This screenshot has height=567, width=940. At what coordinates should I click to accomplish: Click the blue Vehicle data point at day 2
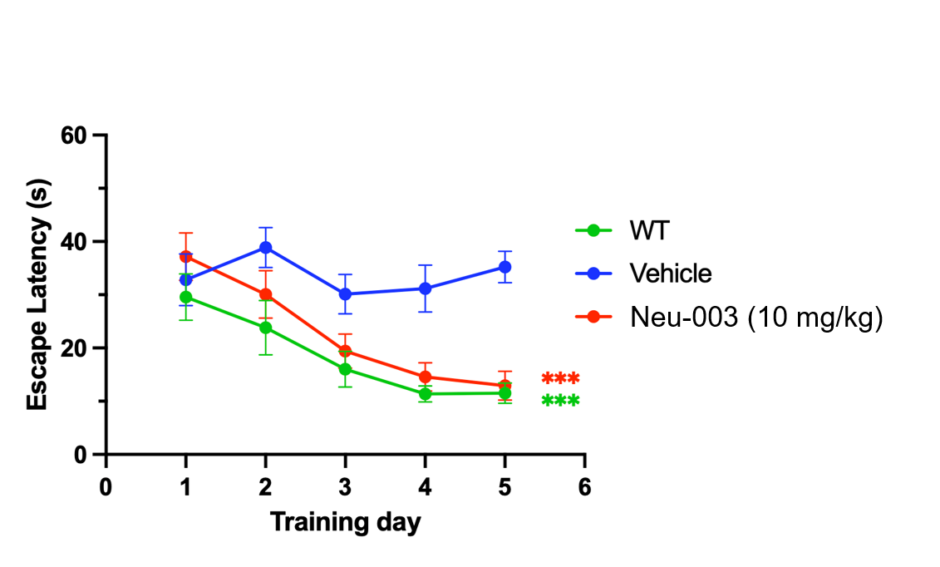265,248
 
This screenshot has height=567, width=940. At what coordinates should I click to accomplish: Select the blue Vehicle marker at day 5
504,267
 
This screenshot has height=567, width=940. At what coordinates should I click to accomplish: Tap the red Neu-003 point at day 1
185,256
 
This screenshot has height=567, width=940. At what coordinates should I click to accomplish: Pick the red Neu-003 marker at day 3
345,352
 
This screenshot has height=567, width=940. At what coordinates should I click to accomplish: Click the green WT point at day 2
265,328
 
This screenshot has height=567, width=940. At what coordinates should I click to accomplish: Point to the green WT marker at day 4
425,394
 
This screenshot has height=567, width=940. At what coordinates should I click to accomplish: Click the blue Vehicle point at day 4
425,288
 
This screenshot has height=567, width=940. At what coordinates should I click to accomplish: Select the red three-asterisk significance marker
560,379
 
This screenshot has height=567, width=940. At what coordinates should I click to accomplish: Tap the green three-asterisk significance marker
560,402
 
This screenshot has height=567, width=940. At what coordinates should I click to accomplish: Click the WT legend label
649,230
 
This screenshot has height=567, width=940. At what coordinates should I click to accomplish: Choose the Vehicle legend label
671,274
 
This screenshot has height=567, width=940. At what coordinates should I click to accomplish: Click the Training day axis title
345,523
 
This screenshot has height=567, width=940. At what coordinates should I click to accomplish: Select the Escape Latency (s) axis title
37,295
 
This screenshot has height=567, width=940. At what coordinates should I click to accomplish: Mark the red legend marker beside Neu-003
593,318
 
